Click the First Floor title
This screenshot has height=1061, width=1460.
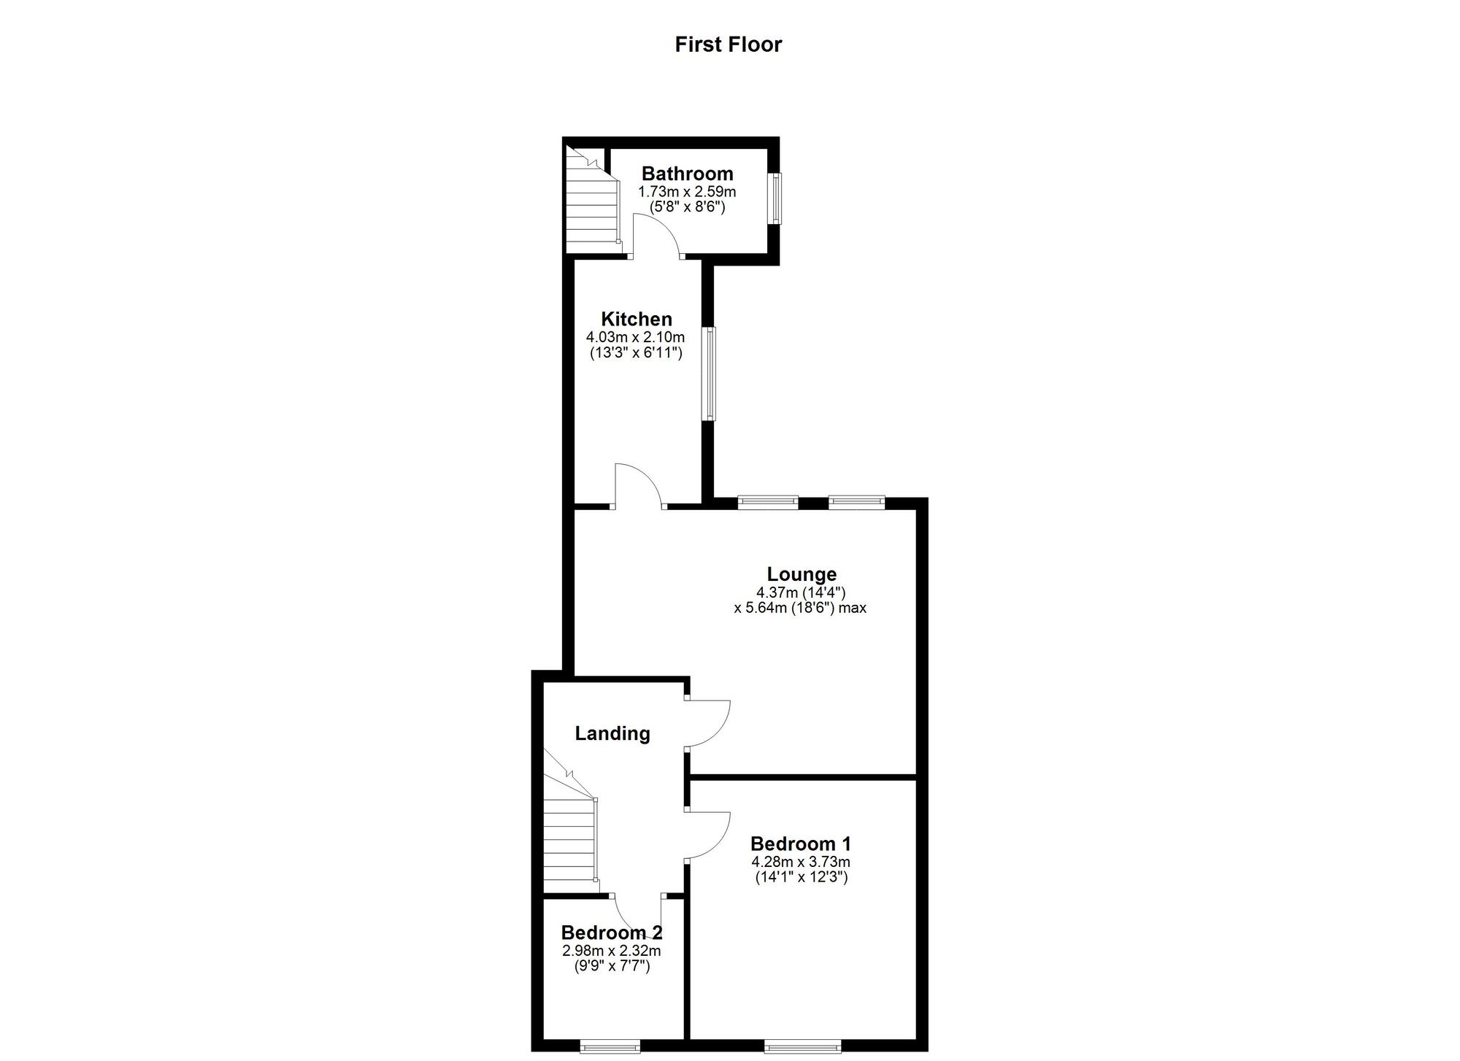[x=728, y=45]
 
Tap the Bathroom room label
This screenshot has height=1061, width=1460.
[x=687, y=174]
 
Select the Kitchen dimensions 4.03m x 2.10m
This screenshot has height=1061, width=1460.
[x=635, y=337]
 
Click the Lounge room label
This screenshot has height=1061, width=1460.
[x=802, y=574]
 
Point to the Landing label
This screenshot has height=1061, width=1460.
[x=612, y=733]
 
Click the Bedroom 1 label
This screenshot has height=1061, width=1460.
[x=801, y=844]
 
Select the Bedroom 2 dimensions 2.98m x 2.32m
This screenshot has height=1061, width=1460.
[x=611, y=951]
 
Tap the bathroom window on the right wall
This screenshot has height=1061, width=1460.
[x=775, y=198]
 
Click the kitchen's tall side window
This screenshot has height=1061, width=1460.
[x=708, y=374]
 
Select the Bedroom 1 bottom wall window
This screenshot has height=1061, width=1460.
[x=802, y=1047]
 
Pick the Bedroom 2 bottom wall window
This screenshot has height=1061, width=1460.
[x=610, y=1047]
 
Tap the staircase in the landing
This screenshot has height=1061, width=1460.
[x=569, y=839]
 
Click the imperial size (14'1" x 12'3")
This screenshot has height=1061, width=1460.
[x=801, y=877]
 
